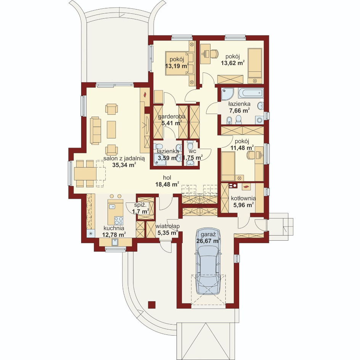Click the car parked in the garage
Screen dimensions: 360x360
pyautogui.click(x=208, y=262)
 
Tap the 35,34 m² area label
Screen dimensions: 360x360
pyautogui.click(x=124, y=165)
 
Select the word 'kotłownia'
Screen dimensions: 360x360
pyautogui.click(x=243, y=198)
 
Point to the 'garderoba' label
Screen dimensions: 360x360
pyautogui.click(x=172, y=117)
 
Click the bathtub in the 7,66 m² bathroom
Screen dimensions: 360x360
pyautogui.click(x=251, y=93)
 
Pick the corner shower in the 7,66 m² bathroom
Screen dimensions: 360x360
pyautogui.click(x=227, y=94)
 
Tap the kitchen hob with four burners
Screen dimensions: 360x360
pyautogui.click(x=119, y=221)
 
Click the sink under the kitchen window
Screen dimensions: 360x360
pyautogui.click(x=115, y=242)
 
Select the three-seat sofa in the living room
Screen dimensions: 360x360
pyautogui.click(x=95, y=130)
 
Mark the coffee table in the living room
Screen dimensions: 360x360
pyautogui.click(x=111, y=130)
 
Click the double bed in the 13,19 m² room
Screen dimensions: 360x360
pyautogui.click(x=180, y=63)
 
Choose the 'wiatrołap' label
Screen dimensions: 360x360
pyautogui.click(x=167, y=226)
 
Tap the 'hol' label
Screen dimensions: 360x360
pyautogui.click(x=167, y=177)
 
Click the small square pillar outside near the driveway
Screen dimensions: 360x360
pyautogui.click(x=152, y=305)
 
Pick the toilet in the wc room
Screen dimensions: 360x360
pyautogui.click(x=190, y=145)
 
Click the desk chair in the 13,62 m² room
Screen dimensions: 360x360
pyautogui.click(x=214, y=54)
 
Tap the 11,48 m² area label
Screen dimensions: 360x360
pyautogui.click(x=242, y=148)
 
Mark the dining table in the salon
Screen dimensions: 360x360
pyautogui.click(x=85, y=174)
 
